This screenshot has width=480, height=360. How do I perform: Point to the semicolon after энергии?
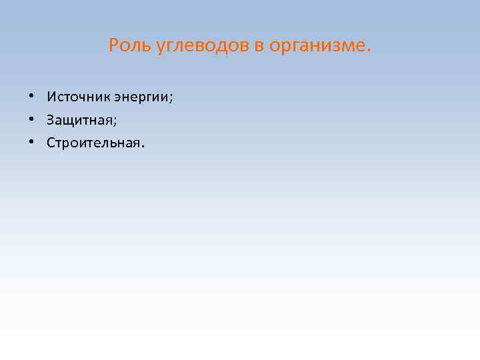pyautogui.click(x=171, y=99)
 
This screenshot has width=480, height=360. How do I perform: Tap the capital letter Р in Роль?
pyautogui.click(x=113, y=46)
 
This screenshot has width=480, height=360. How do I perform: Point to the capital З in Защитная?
pyautogui.click(x=51, y=120)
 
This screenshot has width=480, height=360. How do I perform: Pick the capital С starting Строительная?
pyautogui.click(x=51, y=143)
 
